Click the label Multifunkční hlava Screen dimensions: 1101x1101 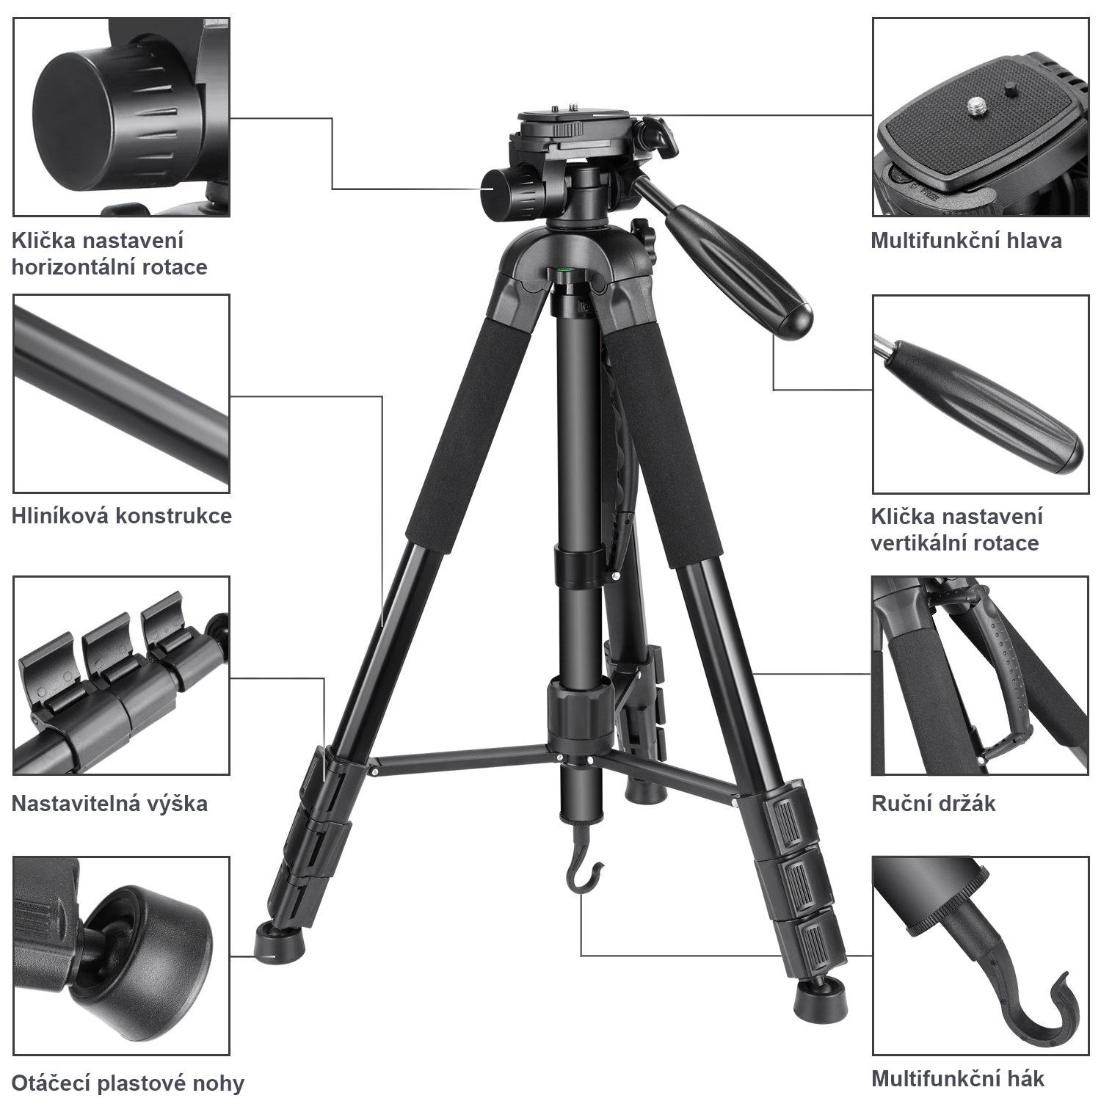pyautogui.click(x=966, y=241)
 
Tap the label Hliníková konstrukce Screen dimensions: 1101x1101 pyautogui.click(x=122, y=516)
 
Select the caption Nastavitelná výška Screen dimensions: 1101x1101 pyautogui.click(x=109, y=803)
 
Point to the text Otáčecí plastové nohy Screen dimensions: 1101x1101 pyautogui.click(x=128, y=1083)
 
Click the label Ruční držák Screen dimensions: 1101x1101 pyautogui.click(x=933, y=803)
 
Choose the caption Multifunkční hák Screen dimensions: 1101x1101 pyautogui.click(x=957, y=1079)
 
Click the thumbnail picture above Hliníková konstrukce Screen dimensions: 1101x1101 pyautogui.click(x=121, y=393)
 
